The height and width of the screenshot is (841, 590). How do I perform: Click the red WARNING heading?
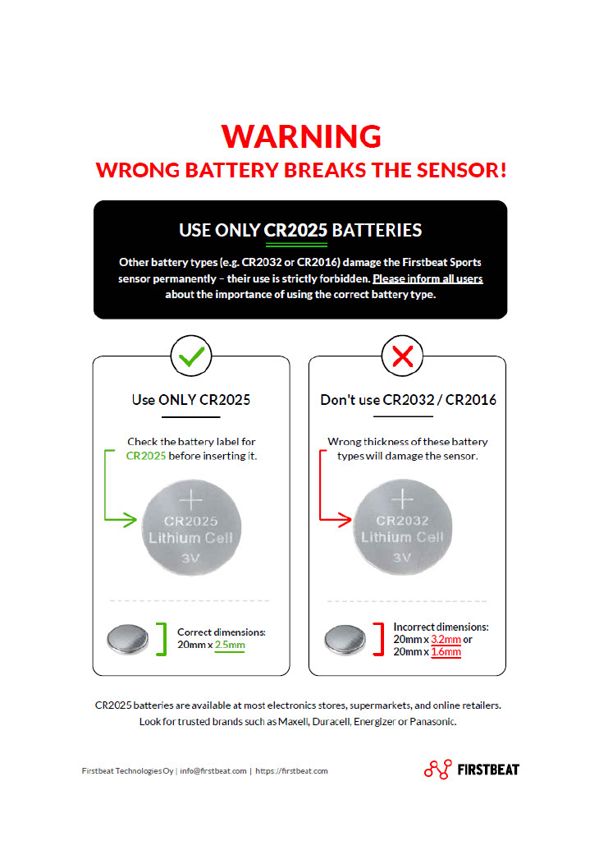301,136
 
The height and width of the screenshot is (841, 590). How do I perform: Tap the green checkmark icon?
191,356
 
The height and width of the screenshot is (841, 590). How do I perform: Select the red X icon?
402,356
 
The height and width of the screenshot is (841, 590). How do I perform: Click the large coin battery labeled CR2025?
191,528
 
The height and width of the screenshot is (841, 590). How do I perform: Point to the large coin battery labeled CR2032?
402,527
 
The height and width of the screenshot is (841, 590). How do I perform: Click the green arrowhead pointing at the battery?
129,519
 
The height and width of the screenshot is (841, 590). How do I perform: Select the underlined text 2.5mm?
230,645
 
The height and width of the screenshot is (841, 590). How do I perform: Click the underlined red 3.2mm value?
446,639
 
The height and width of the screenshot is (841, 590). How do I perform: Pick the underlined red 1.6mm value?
446,651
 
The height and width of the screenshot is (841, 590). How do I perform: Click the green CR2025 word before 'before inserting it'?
146,456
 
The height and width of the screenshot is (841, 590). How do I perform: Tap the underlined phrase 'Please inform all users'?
428,279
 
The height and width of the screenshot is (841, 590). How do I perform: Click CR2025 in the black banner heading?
295,230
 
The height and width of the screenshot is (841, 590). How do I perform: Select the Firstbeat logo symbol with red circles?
438,770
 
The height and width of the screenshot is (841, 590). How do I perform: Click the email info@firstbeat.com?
213,770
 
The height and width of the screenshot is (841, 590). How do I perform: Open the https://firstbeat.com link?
291,770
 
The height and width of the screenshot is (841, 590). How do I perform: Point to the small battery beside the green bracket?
127,639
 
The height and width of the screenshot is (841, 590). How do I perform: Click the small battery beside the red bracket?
345,639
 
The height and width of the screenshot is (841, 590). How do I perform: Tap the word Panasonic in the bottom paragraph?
432,722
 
